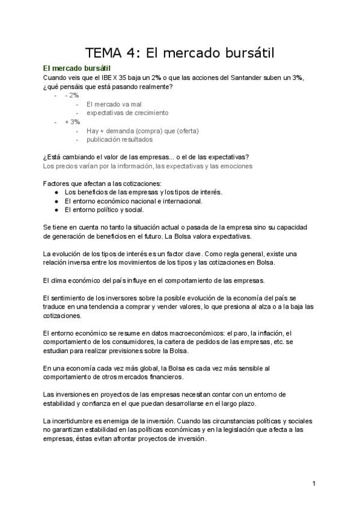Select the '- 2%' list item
point(72,95)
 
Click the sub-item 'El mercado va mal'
point(114,104)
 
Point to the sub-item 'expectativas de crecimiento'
point(127,112)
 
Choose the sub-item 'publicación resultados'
point(119,140)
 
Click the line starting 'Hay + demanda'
point(142,131)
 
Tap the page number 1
point(314,483)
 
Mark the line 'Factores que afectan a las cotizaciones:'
point(103,183)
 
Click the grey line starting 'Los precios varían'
point(148,166)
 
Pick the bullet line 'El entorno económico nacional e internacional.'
point(133,201)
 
